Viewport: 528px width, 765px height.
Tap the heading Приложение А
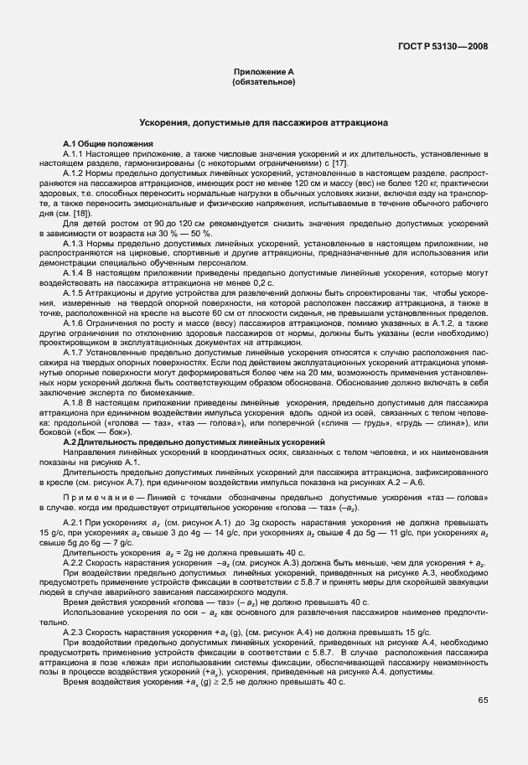pyautogui.click(x=263, y=73)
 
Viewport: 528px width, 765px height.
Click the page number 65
pyautogui.click(x=483, y=699)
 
